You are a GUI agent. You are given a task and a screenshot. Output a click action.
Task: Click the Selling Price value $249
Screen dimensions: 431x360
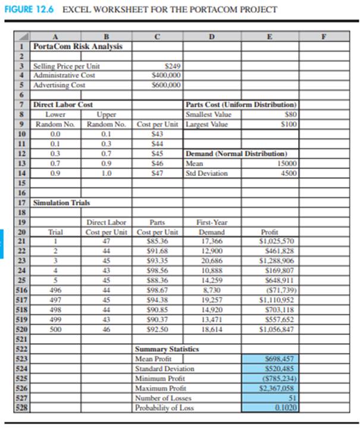(171, 67)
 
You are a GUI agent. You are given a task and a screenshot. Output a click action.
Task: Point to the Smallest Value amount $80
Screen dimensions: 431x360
(290, 115)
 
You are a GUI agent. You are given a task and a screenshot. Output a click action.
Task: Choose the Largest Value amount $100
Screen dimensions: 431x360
(289, 124)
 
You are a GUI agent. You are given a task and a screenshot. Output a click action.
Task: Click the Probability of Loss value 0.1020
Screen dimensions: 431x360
(286, 408)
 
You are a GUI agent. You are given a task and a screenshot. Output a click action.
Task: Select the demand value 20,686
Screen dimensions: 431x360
(212, 260)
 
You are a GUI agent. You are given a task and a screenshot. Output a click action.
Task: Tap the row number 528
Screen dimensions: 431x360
(20, 408)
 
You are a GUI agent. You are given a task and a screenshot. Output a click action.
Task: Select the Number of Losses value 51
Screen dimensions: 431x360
(292, 398)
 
